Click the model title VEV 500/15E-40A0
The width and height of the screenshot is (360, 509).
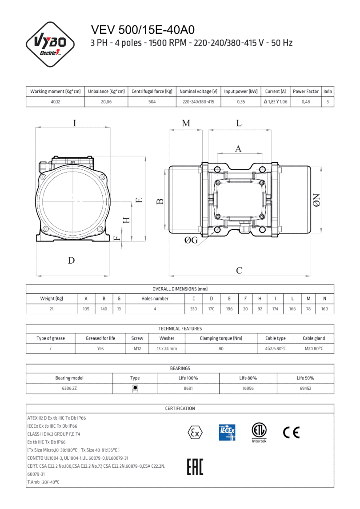click(x=143, y=30)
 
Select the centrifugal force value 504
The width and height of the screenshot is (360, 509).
click(x=152, y=102)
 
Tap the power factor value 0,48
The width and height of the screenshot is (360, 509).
click(x=306, y=102)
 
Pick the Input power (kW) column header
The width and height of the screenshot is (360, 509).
click(x=241, y=91)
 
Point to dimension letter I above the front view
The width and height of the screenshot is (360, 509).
click(x=75, y=123)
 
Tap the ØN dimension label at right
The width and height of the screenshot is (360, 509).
click(x=317, y=200)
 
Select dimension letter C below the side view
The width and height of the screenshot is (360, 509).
click(x=239, y=270)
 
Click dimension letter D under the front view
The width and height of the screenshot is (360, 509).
click(x=71, y=261)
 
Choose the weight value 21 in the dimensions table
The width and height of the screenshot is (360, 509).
click(x=52, y=309)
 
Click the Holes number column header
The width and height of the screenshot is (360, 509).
click(x=155, y=299)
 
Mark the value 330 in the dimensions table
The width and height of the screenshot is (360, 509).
click(x=194, y=309)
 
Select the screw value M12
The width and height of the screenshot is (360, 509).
click(x=137, y=349)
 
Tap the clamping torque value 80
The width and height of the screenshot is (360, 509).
click(x=221, y=349)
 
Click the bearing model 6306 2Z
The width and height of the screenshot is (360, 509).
click(x=69, y=388)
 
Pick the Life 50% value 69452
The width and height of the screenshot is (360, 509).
click(x=305, y=388)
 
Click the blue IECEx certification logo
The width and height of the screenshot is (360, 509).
click(x=227, y=432)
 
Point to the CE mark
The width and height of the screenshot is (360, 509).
click(x=291, y=432)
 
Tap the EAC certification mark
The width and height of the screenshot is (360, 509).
click(x=195, y=468)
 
